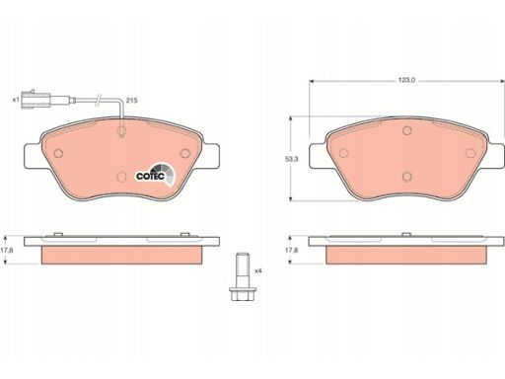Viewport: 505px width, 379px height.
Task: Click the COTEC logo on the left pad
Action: [155, 175]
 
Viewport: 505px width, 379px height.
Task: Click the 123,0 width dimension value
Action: [406, 80]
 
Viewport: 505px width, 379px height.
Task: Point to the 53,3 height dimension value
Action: [291, 159]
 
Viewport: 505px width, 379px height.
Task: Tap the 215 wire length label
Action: [131, 101]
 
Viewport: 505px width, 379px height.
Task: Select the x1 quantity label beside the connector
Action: [16, 100]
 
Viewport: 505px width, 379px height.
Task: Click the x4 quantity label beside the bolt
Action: [258, 271]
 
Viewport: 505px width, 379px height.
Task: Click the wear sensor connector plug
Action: [36, 100]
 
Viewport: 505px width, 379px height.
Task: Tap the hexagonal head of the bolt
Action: [243, 293]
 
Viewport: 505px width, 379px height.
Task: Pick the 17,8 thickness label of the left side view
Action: [7, 250]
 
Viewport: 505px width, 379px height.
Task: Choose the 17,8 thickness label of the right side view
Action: [291, 250]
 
